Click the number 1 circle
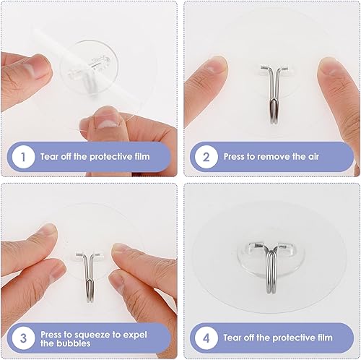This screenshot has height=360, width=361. click(23, 157)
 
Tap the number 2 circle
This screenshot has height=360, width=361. click(206, 157)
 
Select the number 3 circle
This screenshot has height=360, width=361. click(23, 338)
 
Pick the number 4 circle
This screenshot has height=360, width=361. click(206, 338)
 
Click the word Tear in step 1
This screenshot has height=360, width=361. click(49, 157)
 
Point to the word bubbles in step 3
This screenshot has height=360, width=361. click(58, 344)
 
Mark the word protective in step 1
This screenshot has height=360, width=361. click(114, 157)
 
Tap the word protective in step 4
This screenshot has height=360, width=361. click(297, 338)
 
